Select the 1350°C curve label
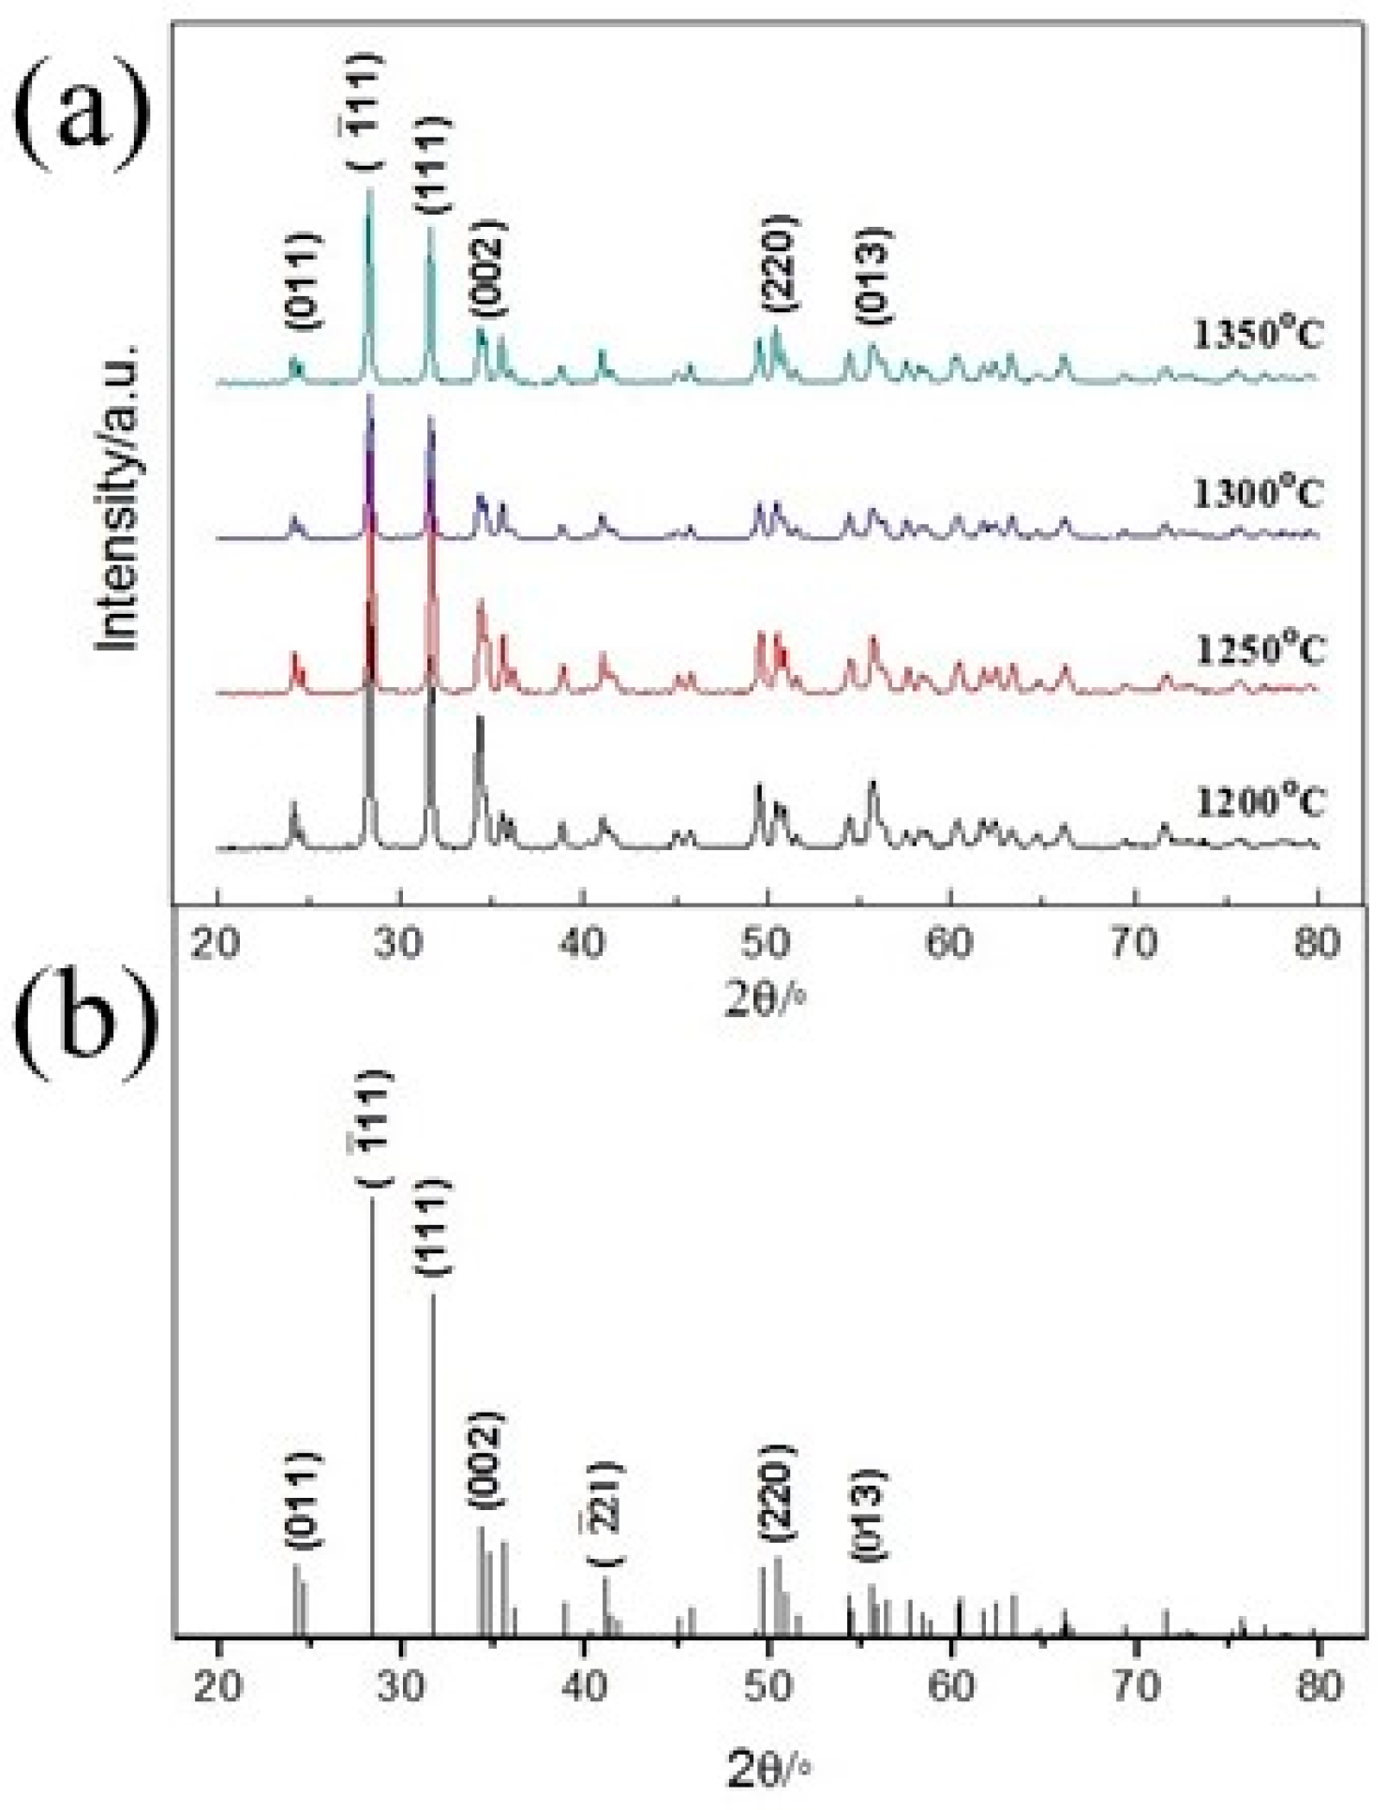pyautogui.click(x=1258, y=334)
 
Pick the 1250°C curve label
pyautogui.click(x=1260, y=649)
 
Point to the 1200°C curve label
pyautogui.click(x=1260, y=802)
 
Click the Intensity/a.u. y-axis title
pyautogui.click(x=120, y=497)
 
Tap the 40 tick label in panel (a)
pyautogui.click(x=583, y=942)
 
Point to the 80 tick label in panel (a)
pyautogui.click(x=1316, y=942)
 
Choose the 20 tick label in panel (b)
pyautogui.click(x=217, y=1713)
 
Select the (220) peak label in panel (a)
pyautogui.click(x=779, y=263)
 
